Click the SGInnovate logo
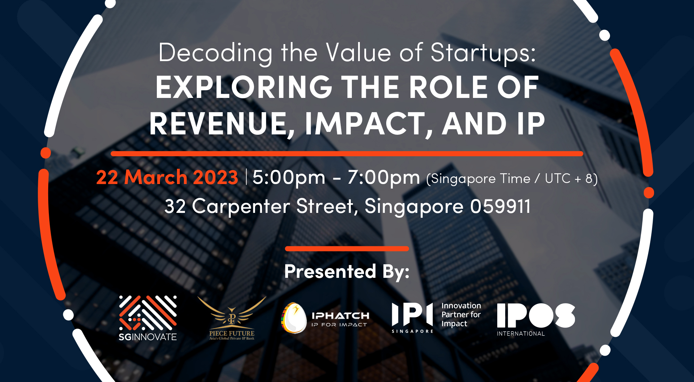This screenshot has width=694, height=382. (148, 318)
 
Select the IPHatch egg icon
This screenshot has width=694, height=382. (294, 318)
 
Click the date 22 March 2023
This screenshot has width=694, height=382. (167, 177)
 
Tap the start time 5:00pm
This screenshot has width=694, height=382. (289, 177)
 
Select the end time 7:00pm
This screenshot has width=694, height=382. (384, 177)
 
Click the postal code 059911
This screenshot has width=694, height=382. (500, 206)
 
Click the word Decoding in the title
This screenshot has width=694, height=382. (215, 53)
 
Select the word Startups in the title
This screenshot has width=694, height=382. (483, 53)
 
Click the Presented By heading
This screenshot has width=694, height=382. (347, 271)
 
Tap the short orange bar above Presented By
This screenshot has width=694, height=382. (347, 249)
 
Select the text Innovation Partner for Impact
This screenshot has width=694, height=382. (461, 315)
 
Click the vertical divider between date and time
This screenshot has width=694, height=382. (246, 177)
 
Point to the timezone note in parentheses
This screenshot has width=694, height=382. (512, 179)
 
